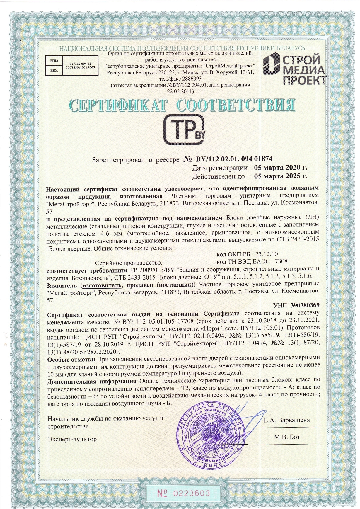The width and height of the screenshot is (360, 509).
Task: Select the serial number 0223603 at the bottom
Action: (192, 493)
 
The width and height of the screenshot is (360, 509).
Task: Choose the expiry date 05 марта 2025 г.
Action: (280, 176)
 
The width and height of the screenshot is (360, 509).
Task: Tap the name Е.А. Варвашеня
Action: (286, 420)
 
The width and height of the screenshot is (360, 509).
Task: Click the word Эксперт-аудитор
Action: (72, 439)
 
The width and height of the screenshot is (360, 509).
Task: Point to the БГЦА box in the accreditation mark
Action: (54, 61)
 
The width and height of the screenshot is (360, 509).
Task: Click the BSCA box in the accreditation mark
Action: (54, 70)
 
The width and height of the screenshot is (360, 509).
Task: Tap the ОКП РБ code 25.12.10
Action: (267, 254)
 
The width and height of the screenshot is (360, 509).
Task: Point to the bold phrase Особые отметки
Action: (71, 359)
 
